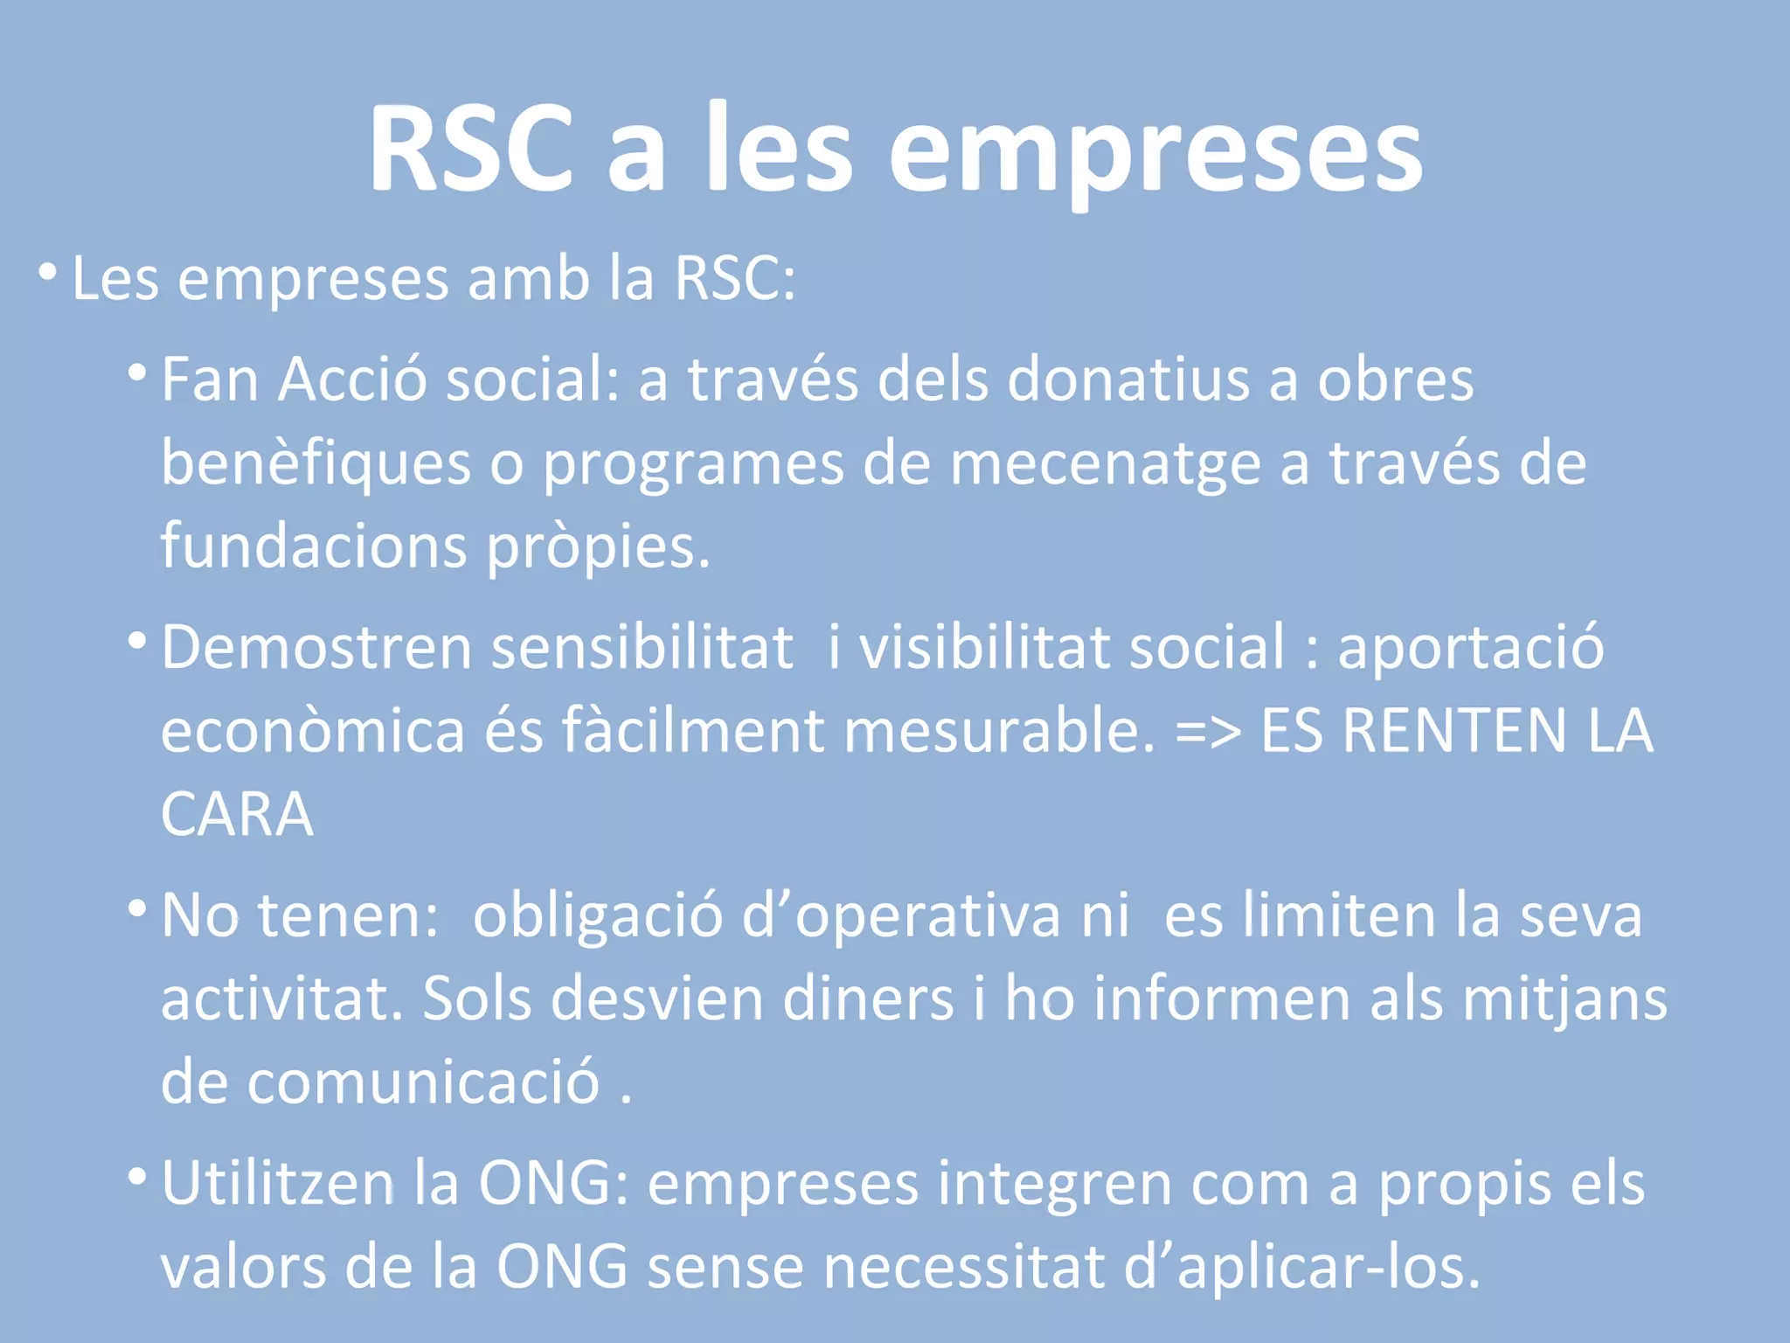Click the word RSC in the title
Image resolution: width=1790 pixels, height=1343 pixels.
click(470, 149)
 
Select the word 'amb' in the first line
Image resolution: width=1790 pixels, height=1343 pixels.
click(528, 280)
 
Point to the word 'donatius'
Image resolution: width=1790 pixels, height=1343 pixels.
click(1128, 380)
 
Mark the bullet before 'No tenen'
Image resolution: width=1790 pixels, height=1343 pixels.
click(137, 909)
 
